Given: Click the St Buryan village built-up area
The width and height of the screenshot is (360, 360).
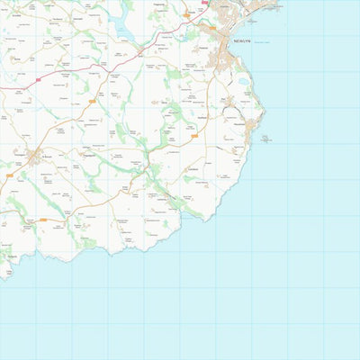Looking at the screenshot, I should point(35,158).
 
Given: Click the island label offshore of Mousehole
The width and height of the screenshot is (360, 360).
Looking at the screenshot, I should point(267,137).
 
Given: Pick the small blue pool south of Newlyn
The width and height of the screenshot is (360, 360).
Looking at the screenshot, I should point(244,82).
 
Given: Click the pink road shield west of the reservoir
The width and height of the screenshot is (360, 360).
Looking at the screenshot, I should point(41,80).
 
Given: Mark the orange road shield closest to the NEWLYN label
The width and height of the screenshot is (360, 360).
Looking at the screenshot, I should point(212,28).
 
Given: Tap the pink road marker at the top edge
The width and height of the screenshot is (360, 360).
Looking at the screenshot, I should point(205,3).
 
